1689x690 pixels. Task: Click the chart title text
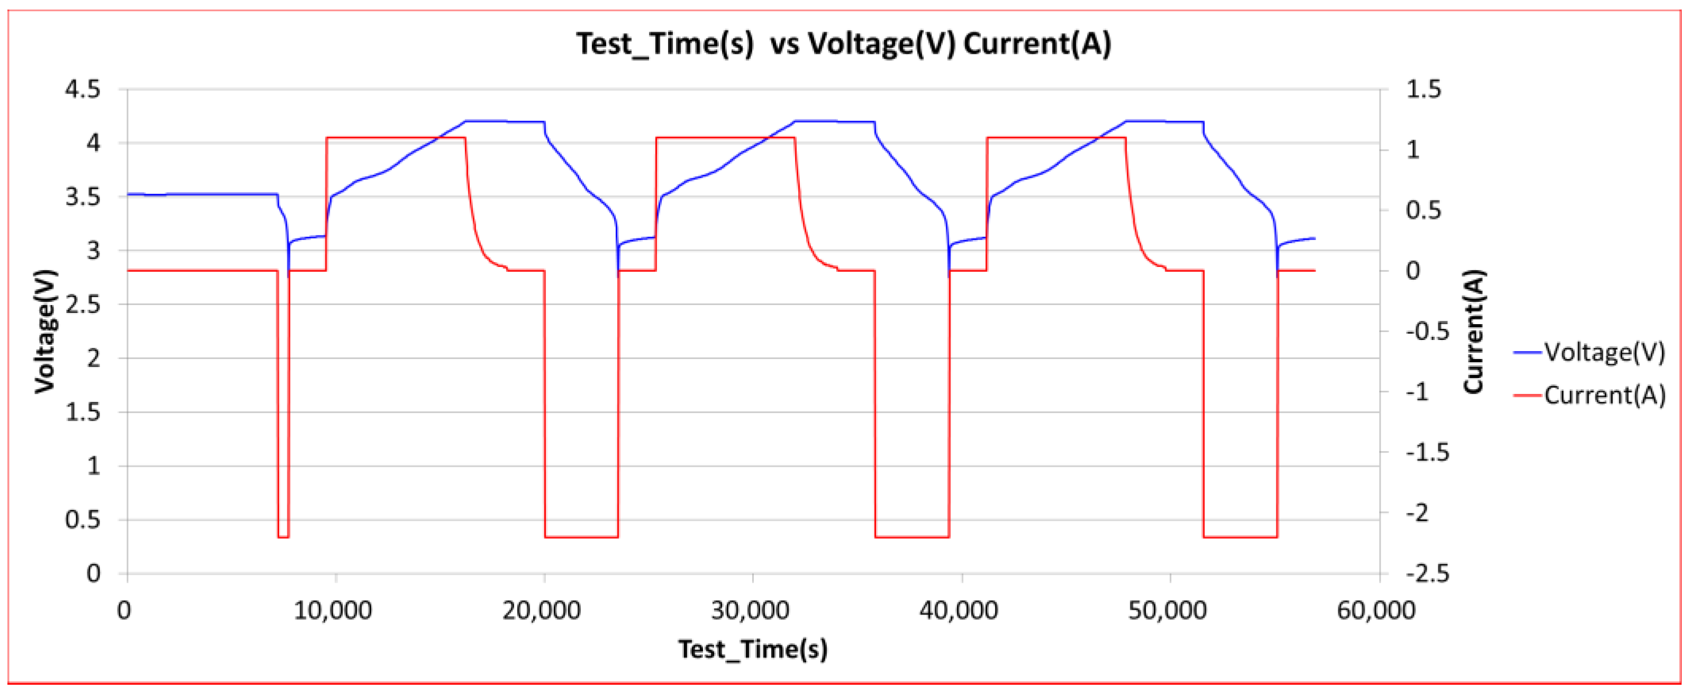(844, 44)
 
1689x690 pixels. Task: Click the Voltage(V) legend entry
(1604, 353)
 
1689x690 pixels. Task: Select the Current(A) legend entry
(1604, 395)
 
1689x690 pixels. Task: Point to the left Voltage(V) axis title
(44, 331)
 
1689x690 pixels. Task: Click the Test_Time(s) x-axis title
(753, 649)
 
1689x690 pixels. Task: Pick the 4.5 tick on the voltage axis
(83, 89)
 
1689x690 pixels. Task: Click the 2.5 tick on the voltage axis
(83, 305)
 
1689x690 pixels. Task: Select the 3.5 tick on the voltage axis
(83, 197)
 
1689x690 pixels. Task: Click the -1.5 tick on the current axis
(1427, 453)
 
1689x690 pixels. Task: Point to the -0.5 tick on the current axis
(1427, 332)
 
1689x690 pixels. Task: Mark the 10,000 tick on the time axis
(333, 611)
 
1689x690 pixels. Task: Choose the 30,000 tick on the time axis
(751, 611)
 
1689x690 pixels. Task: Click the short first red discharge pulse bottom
(283, 537)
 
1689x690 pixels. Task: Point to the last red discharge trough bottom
(1240, 537)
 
